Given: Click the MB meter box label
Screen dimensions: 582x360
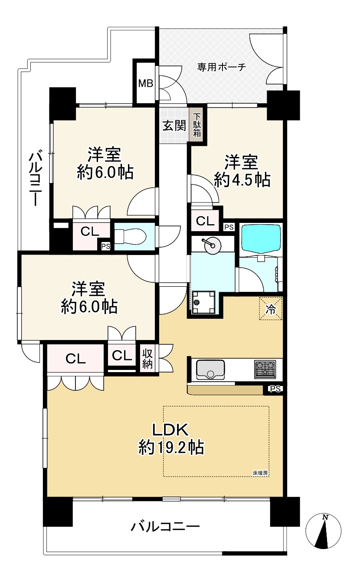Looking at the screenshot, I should pyautogui.click(x=145, y=83).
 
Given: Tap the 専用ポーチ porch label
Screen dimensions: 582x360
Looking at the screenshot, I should pyautogui.click(x=222, y=67).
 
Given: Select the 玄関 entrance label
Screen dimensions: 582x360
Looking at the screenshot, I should pyautogui.click(x=174, y=126).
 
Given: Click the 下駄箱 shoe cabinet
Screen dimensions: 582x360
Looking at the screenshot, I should pyautogui.click(x=197, y=125).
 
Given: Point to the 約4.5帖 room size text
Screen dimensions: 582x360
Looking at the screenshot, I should pyautogui.click(x=242, y=180).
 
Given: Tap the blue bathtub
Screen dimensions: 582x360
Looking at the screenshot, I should pyautogui.click(x=260, y=239).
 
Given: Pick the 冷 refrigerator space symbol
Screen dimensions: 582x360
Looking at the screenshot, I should pyautogui.click(x=270, y=309).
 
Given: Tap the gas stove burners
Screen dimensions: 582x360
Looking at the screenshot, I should pyautogui.click(x=265, y=369).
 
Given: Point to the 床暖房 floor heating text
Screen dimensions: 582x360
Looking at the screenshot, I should pyautogui.click(x=260, y=473).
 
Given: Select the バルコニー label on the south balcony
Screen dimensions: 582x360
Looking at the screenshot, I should pyautogui.click(x=165, y=527).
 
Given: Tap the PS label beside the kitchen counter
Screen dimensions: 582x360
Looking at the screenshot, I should pyautogui.click(x=275, y=389).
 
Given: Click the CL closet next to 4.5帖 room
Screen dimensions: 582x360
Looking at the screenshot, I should pyautogui.click(x=205, y=221).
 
